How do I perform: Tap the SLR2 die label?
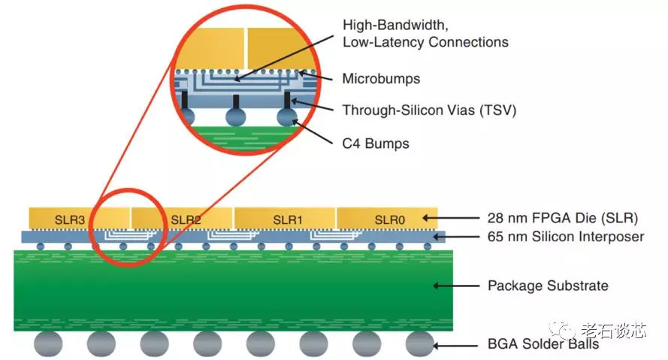(x=186, y=219)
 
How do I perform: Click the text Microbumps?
(x=381, y=78)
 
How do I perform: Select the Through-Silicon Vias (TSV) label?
(x=429, y=110)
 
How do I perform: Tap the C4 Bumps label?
(x=376, y=142)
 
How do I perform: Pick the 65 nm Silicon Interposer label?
(x=565, y=237)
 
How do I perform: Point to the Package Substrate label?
(x=548, y=286)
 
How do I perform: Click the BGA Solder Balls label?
(x=543, y=344)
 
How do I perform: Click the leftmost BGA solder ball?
(x=48, y=344)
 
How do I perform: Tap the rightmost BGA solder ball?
(x=420, y=344)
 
